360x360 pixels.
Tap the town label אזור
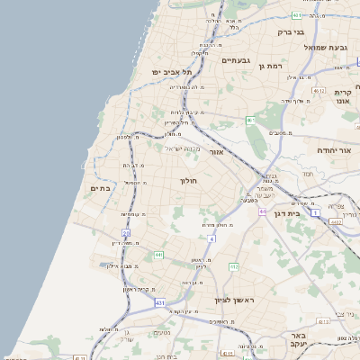[x=216, y=152]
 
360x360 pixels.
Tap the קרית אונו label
[x=342, y=97]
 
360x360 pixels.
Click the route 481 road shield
[x=298, y=15]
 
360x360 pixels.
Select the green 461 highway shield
[x=250, y=120]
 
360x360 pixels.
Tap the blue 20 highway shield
[x=127, y=233]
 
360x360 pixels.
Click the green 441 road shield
[x=158, y=255]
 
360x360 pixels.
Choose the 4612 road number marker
[x=318, y=91]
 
